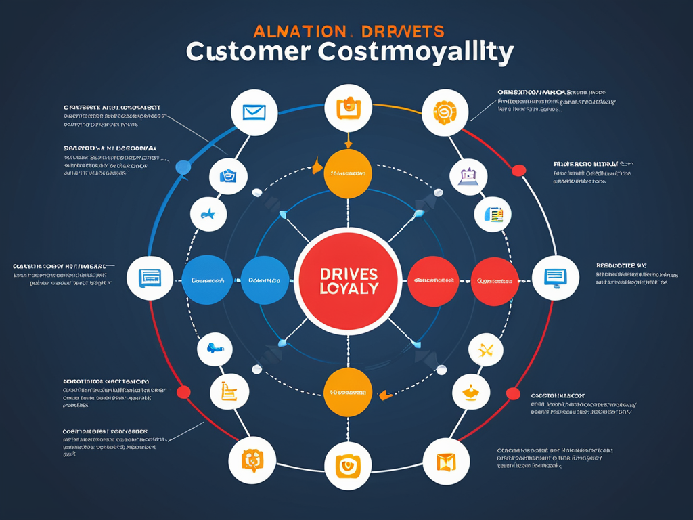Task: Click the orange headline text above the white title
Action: (x=349, y=31)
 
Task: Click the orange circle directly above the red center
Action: (x=347, y=173)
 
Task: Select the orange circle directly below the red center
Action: (x=347, y=392)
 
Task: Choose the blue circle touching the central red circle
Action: (x=265, y=280)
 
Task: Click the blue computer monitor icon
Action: (x=555, y=277)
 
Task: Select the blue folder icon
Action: (x=227, y=176)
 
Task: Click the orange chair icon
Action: (x=227, y=391)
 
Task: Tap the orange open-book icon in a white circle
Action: (x=446, y=462)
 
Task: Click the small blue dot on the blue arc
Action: (x=182, y=167)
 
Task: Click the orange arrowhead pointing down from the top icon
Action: (x=348, y=142)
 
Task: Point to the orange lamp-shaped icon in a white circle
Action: (x=470, y=391)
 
